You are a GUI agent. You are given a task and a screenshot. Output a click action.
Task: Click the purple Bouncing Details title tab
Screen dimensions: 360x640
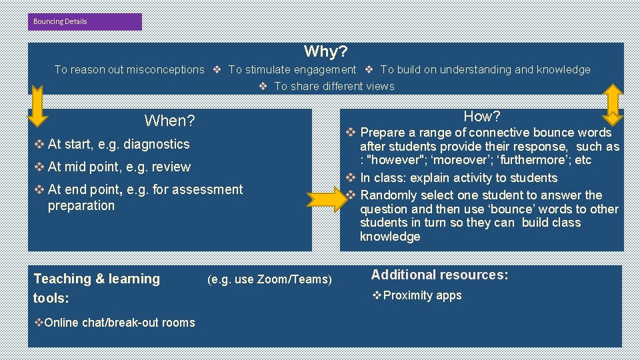[85, 21]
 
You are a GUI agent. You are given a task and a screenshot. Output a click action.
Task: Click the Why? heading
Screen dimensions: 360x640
[325, 51]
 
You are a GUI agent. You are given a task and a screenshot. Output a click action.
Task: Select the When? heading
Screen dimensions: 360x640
[170, 121]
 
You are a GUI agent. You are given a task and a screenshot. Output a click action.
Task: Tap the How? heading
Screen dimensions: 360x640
[482, 116]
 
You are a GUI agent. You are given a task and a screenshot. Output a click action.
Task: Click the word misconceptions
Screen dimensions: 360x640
[165, 69]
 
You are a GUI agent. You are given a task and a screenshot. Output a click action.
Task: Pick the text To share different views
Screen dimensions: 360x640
[334, 86]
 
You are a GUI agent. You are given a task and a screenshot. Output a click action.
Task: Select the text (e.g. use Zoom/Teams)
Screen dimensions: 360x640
[269, 279]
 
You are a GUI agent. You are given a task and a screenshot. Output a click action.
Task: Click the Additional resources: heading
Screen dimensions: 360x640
[439, 275]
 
